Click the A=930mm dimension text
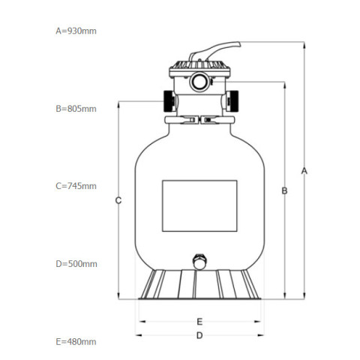point(76,31)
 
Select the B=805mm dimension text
point(76,109)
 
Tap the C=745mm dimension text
point(76,186)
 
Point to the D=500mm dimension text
point(76,264)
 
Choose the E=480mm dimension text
point(76,341)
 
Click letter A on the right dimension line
point(304,171)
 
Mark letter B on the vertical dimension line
point(284,190)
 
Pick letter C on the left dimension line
point(118,200)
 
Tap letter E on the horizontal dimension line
point(199,322)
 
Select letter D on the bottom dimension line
point(199,335)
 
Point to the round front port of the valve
point(199,82)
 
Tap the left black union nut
point(169,101)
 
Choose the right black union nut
point(232,101)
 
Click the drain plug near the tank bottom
point(199,262)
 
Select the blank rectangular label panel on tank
point(199,205)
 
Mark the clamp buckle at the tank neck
point(199,120)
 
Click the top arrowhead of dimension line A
point(304,45)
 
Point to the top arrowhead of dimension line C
point(118,104)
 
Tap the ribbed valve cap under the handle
point(199,65)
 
